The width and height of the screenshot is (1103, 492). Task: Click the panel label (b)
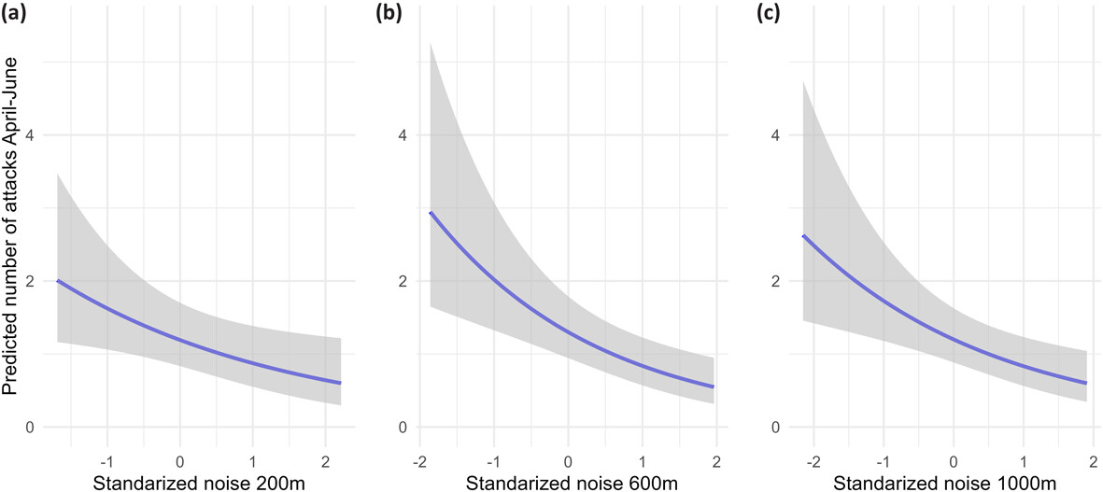(389, 13)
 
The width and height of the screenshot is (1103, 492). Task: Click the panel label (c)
(762, 13)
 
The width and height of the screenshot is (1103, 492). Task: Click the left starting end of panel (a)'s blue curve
(58, 280)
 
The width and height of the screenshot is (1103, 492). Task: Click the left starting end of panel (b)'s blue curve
(430, 213)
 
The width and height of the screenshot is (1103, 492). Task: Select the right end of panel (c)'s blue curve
(1085, 383)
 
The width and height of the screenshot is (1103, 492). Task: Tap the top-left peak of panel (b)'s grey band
(430, 43)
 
